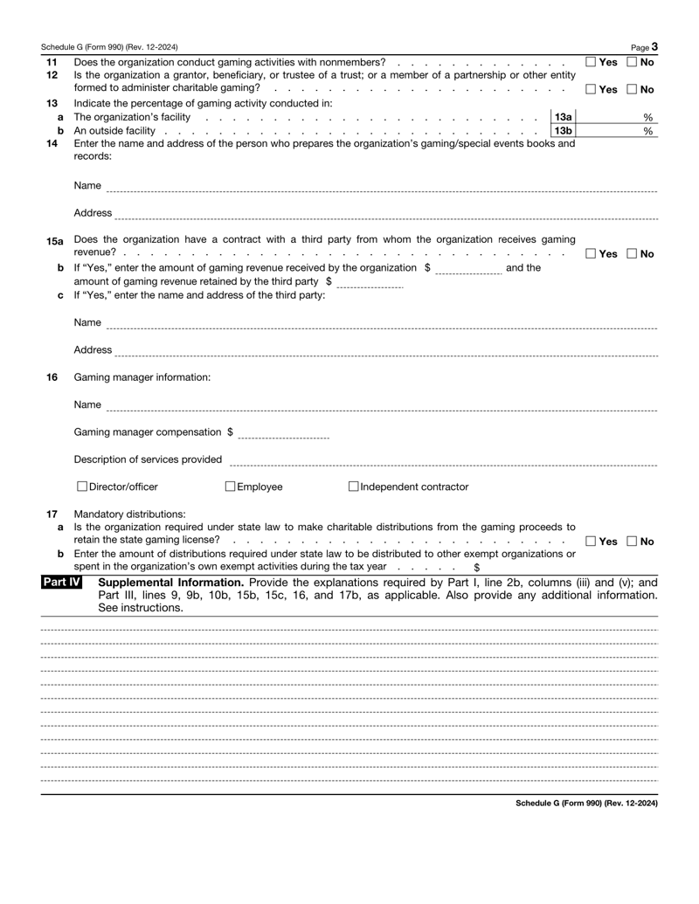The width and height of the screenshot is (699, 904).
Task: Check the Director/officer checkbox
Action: pos(81,487)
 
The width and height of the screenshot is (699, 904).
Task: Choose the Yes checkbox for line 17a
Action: pos(591,543)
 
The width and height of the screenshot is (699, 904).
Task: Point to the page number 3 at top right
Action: pos(654,46)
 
